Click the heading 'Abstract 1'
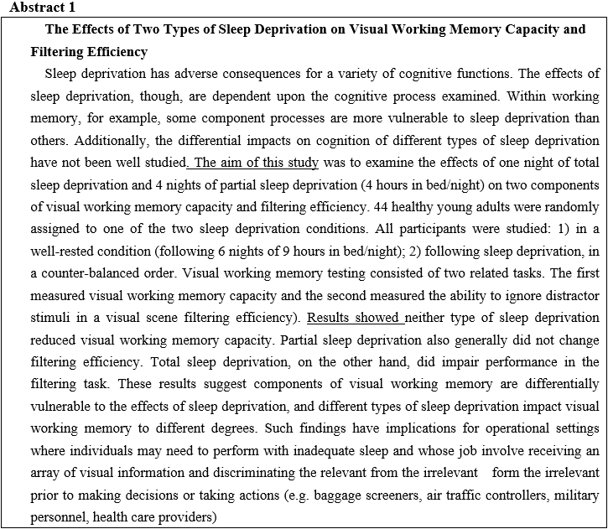39,8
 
